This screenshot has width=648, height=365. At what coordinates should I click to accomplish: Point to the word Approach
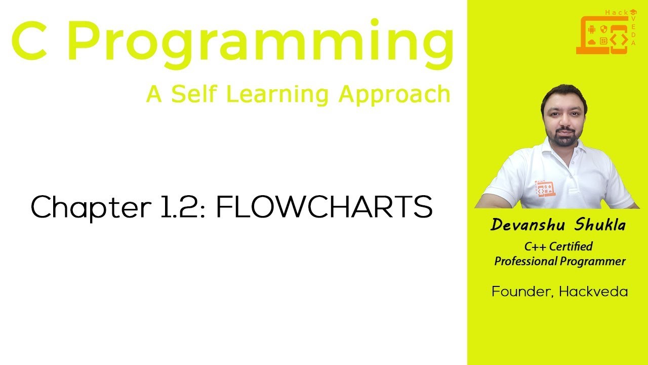(x=394, y=95)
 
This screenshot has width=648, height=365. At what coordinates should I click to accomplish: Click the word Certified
(x=571, y=247)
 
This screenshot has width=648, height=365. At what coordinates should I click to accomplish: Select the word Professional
(x=525, y=262)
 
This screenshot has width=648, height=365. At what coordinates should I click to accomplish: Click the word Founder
(x=520, y=292)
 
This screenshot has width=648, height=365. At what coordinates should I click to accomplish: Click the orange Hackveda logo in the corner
(x=606, y=32)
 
